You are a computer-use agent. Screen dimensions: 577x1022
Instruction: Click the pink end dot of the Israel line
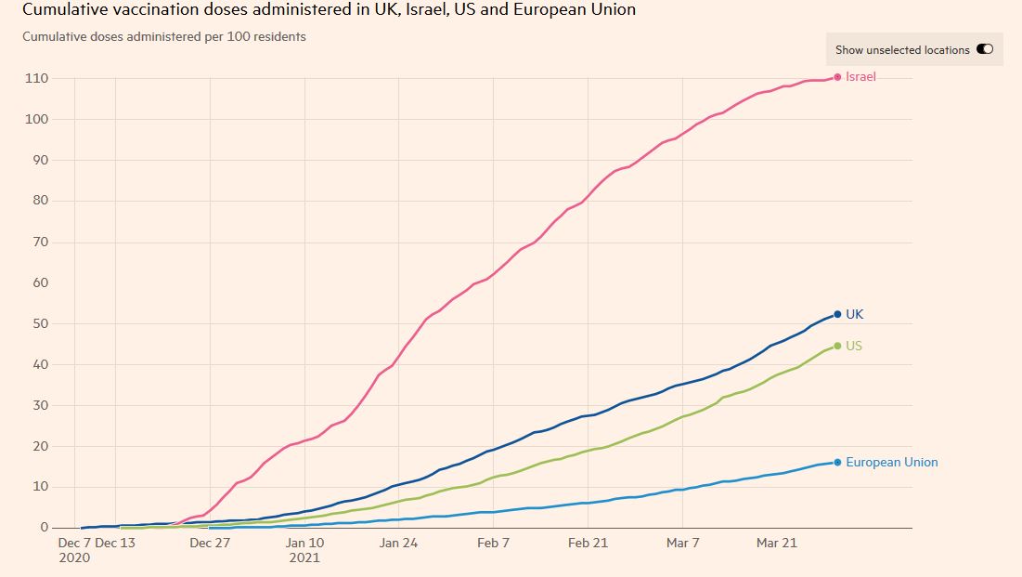click(837, 77)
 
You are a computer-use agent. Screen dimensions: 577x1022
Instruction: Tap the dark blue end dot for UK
click(837, 314)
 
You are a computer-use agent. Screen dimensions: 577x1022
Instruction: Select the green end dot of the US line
click(837, 346)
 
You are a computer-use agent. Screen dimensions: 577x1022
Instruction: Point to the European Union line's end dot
click(837, 462)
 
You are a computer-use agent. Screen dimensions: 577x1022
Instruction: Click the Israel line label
click(860, 77)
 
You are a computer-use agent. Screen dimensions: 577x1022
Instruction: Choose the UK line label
click(854, 315)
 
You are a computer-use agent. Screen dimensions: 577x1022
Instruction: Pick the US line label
click(854, 346)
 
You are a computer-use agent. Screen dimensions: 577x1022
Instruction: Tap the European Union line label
click(891, 462)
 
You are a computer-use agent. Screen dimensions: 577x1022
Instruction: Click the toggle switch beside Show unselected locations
click(984, 49)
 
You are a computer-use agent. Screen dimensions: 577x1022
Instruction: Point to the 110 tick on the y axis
click(37, 78)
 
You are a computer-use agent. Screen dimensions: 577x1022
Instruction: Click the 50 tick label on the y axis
click(41, 323)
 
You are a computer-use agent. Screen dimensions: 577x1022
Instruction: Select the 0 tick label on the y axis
click(45, 528)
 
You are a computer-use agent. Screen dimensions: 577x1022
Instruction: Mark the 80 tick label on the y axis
click(41, 201)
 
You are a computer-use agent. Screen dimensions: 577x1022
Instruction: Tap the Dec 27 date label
click(210, 543)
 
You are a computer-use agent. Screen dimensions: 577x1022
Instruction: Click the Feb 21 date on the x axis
click(588, 543)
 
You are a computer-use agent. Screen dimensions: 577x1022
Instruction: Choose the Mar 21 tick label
click(777, 543)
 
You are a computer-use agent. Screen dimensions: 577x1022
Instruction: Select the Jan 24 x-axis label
click(399, 543)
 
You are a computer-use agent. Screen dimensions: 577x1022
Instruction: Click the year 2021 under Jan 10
click(304, 558)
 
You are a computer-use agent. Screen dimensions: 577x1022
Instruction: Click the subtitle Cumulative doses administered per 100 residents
click(163, 37)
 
